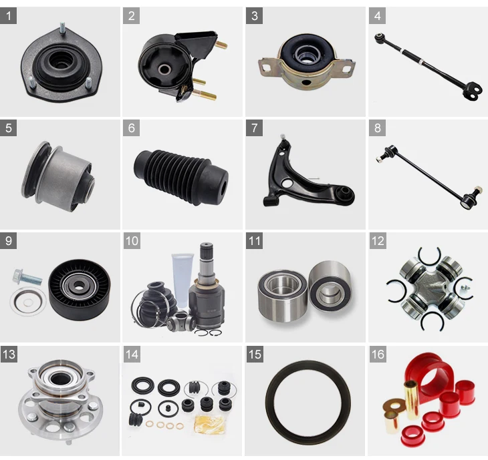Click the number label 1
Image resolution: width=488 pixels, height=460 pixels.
pyautogui.click(x=9, y=15)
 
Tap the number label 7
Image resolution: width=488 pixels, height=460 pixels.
pyautogui.click(x=254, y=128)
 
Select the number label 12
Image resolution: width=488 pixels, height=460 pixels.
pyautogui.click(x=378, y=241)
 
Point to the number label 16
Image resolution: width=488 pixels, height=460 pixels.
pyautogui.click(x=378, y=354)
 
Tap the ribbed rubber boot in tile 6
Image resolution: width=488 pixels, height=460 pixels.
pyautogui.click(x=181, y=178)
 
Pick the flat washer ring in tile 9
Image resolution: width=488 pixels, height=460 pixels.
pyautogui.click(x=28, y=302)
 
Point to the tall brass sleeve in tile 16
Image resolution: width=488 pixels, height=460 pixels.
pyautogui.click(x=412, y=400)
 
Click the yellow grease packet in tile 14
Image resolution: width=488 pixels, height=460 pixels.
pyautogui.click(x=209, y=424)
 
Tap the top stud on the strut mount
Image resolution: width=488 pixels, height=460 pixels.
pyautogui.click(x=63, y=29)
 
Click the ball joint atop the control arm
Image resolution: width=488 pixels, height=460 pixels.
pyautogui.click(x=283, y=142)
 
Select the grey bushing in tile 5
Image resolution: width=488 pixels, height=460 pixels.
pyautogui.click(x=58, y=177)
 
